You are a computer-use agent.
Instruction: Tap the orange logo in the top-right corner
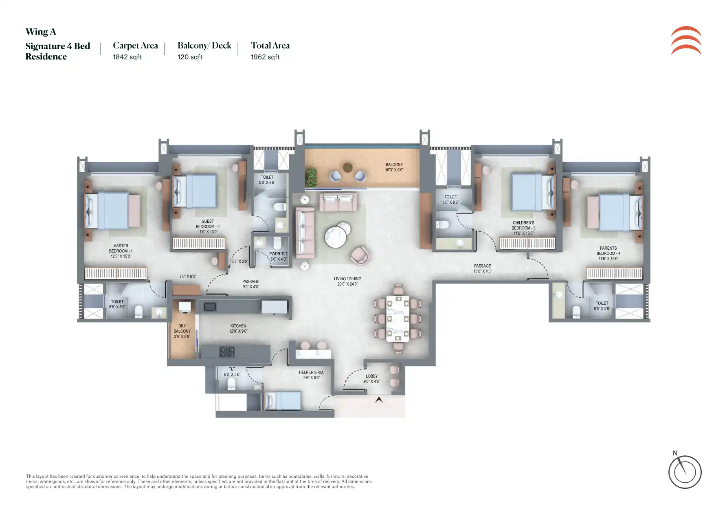click(686, 40)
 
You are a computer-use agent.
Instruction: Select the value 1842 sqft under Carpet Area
click(127, 57)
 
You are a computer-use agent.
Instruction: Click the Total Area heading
click(270, 46)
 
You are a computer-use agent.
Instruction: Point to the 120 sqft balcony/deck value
click(190, 57)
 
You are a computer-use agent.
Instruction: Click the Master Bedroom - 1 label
click(121, 251)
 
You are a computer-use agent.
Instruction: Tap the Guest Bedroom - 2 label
click(208, 226)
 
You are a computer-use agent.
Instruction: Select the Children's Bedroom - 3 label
click(523, 228)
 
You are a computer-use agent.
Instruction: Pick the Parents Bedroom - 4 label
click(608, 253)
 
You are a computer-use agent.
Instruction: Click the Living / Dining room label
click(347, 281)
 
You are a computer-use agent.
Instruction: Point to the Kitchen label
click(238, 329)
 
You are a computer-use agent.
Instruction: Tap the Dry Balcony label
click(182, 331)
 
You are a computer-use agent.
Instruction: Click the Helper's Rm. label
click(312, 375)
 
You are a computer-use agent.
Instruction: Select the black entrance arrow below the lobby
click(379, 400)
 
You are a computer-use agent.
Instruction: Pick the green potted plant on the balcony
click(312, 176)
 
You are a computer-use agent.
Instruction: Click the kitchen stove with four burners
click(227, 352)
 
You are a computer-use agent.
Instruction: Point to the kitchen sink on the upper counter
click(210, 306)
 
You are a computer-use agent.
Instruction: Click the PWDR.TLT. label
click(279, 257)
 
